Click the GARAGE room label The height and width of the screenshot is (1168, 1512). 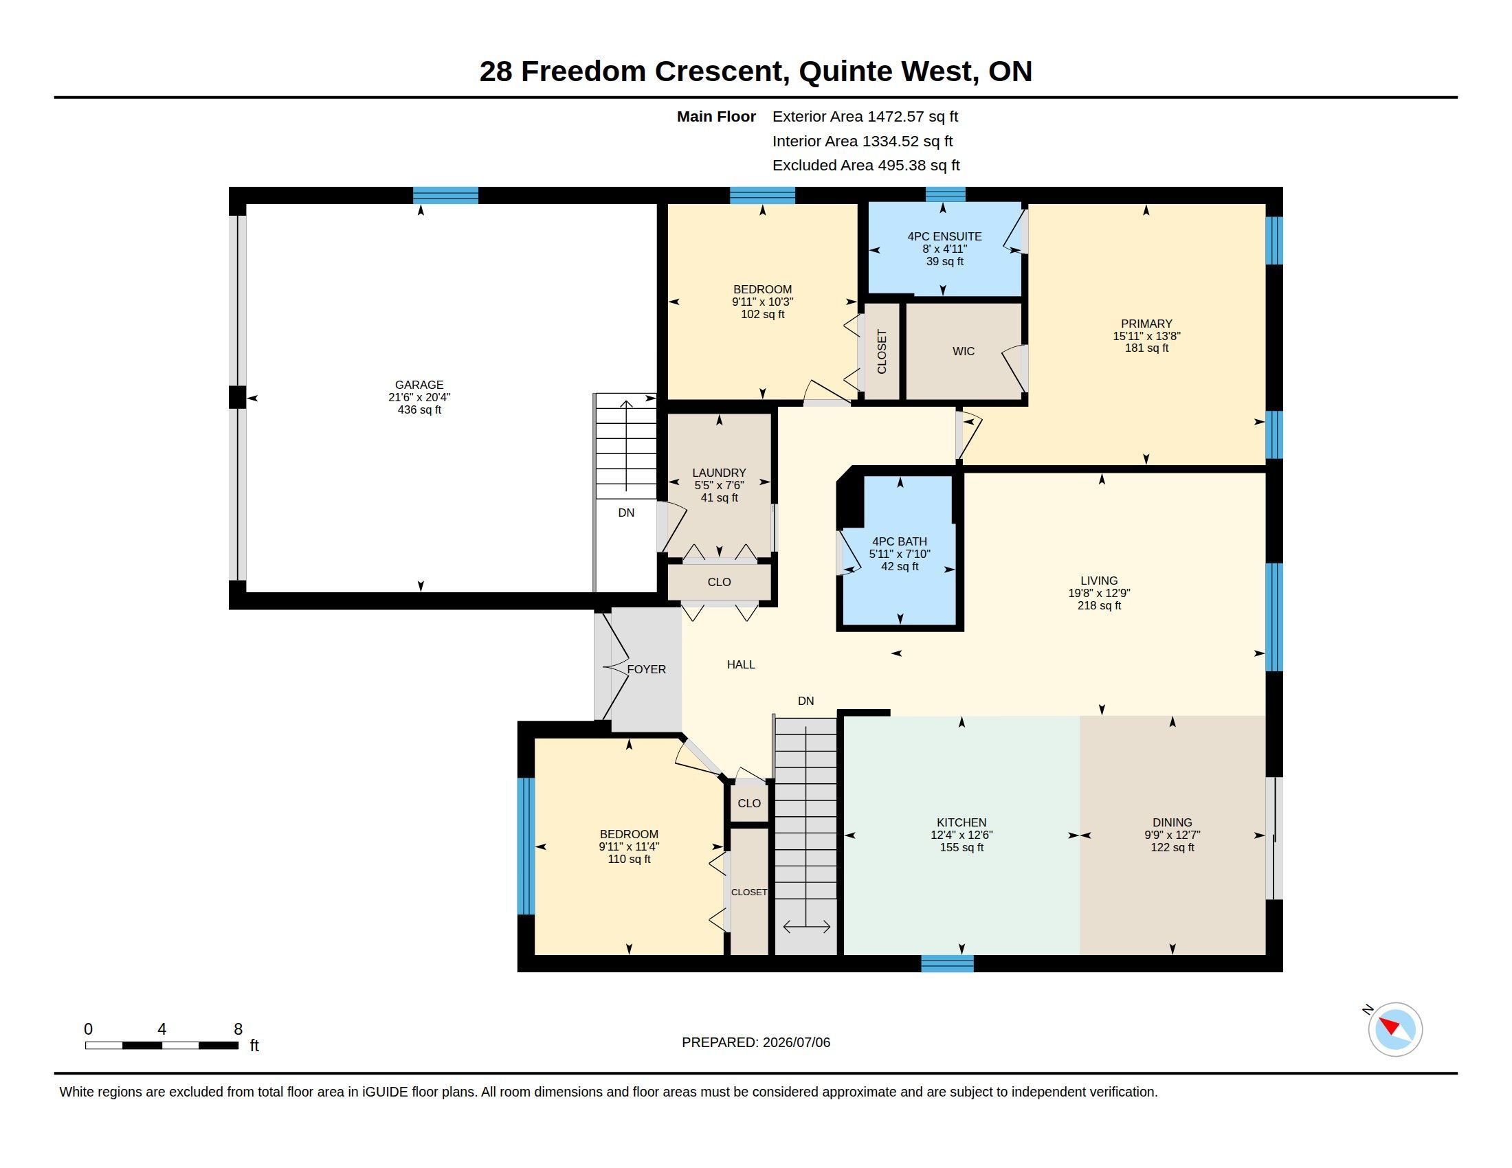(419, 385)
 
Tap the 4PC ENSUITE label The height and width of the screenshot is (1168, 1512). (944, 236)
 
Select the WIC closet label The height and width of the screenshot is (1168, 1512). (963, 352)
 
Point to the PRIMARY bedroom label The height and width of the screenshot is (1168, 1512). (1146, 323)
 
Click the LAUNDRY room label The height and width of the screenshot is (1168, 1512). (719, 473)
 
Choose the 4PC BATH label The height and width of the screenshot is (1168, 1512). (900, 541)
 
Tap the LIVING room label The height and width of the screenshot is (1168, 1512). (1099, 581)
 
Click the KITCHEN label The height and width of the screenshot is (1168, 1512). (961, 822)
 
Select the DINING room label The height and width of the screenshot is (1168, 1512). (1172, 822)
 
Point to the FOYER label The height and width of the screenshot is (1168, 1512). (647, 669)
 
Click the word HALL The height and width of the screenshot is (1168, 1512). (741, 664)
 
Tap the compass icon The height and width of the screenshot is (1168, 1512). (1394, 1029)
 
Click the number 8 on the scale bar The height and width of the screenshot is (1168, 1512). (238, 1029)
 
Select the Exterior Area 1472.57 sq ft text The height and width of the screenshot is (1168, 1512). (865, 116)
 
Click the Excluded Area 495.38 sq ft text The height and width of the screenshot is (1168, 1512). (866, 166)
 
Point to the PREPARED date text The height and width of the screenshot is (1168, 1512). (756, 1042)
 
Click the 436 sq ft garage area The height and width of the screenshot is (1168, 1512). (419, 409)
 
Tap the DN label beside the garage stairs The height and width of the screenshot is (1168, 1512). (626, 513)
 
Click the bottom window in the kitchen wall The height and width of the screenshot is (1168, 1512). (947, 963)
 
